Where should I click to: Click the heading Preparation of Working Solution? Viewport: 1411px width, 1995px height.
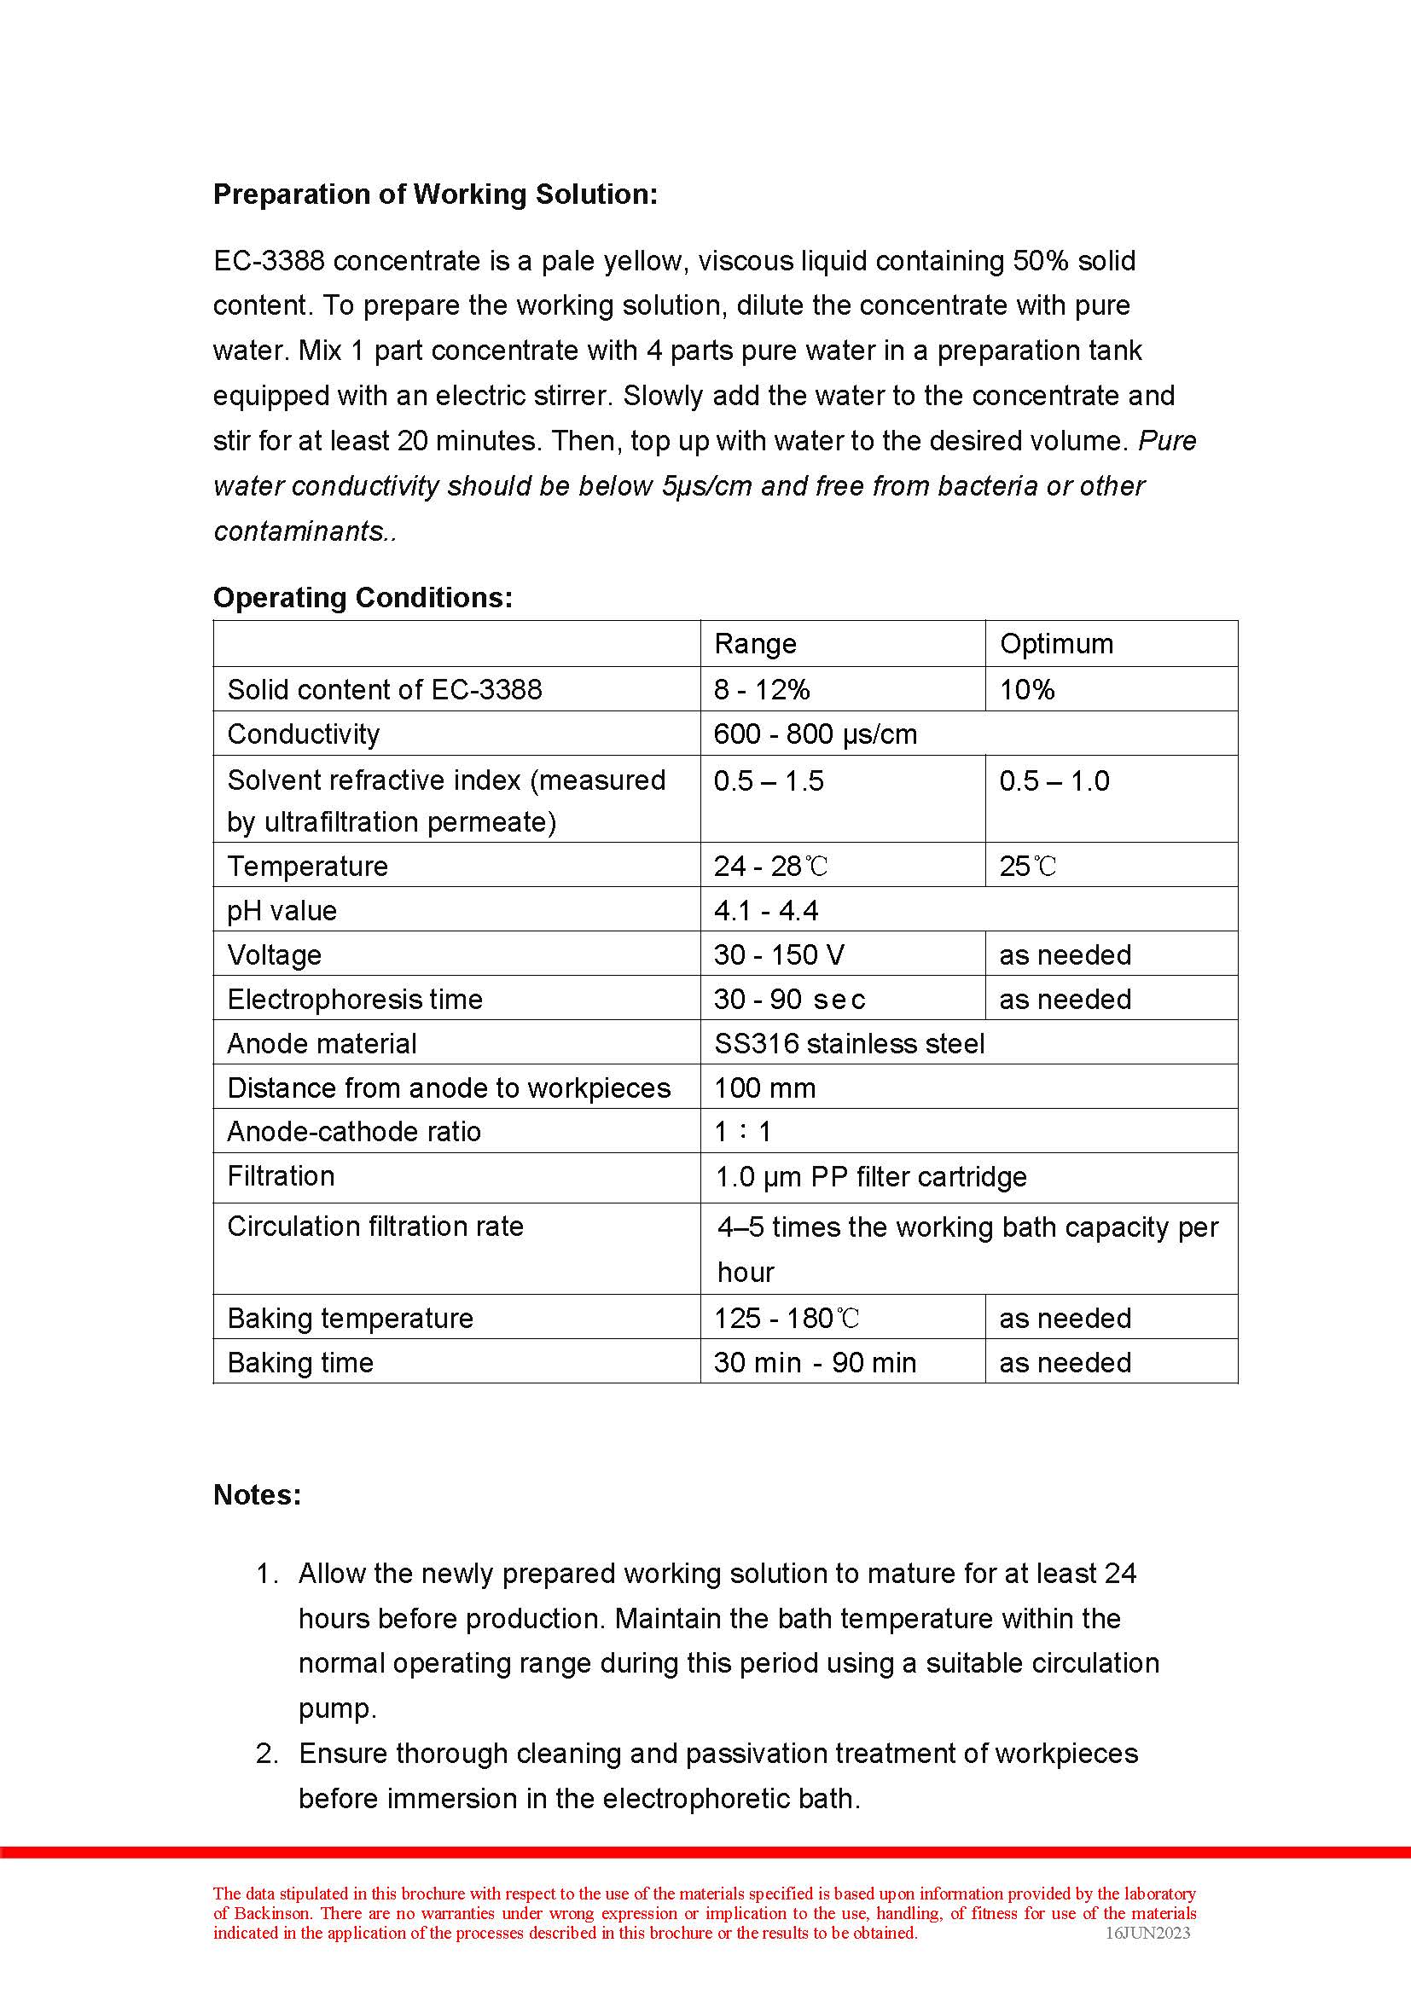[x=435, y=194]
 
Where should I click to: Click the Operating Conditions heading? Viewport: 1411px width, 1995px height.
[x=363, y=597]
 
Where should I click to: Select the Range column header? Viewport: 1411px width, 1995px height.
[x=754, y=644]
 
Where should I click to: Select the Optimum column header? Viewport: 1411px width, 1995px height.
[x=1055, y=644]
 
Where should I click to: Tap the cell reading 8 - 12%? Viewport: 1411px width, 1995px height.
[x=761, y=689]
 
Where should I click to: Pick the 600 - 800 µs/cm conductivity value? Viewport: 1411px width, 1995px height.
[x=815, y=734]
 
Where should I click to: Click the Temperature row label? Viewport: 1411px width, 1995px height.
[x=308, y=866]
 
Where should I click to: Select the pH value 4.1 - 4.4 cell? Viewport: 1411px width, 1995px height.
[x=765, y=910]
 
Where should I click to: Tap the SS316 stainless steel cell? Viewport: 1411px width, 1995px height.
[x=849, y=1042]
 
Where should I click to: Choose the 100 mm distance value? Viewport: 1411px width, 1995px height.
[x=764, y=1087]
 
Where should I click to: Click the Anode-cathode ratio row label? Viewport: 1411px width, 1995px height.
[x=354, y=1131]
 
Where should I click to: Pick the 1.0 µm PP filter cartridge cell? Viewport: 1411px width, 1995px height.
[x=869, y=1177]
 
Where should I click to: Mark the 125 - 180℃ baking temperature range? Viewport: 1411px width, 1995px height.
[x=787, y=1318]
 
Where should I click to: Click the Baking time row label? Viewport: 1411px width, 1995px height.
[x=299, y=1362]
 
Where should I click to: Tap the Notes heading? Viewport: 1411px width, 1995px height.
[x=257, y=1494]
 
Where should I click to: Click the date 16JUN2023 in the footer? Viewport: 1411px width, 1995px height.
[x=1147, y=1933]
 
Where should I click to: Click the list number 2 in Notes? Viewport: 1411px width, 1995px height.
[x=267, y=1754]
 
